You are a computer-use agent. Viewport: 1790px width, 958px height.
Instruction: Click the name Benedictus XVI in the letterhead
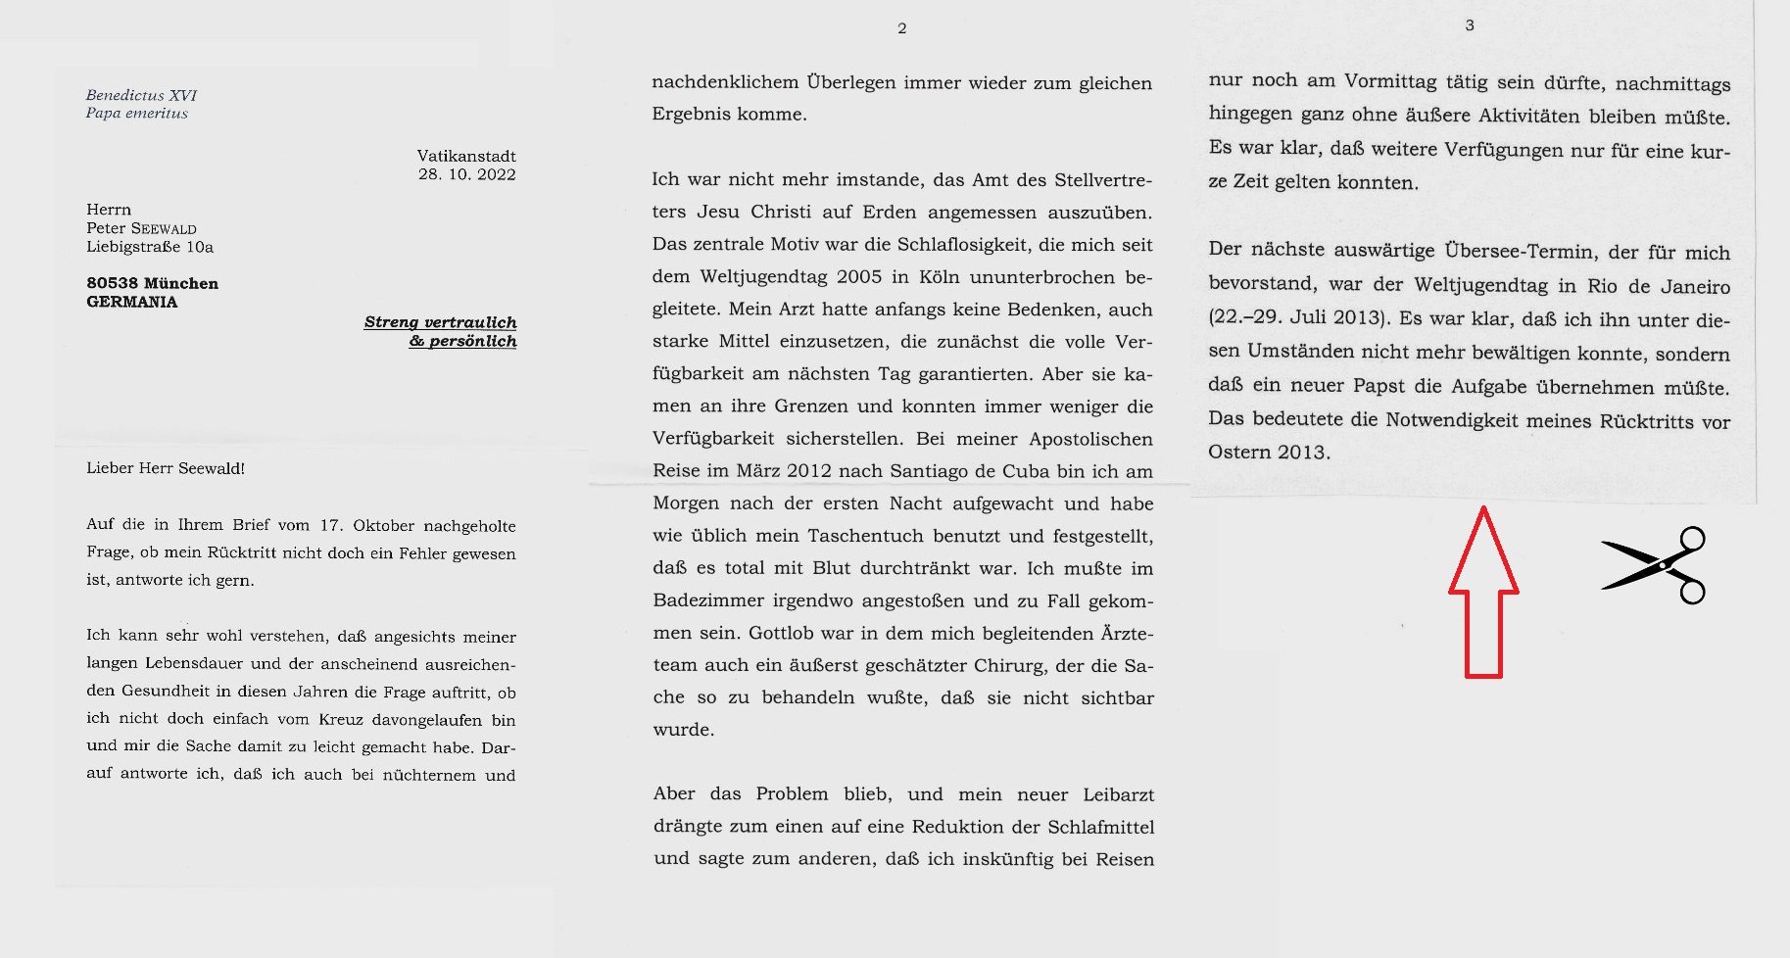tap(141, 95)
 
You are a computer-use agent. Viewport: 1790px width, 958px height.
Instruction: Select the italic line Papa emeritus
tap(136, 114)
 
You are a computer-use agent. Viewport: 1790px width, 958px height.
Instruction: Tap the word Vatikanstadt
tap(466, 156)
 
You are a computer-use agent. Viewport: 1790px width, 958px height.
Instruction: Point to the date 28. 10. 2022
tap(466, 174)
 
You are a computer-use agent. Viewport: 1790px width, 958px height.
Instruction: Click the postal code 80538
tap(112, 283)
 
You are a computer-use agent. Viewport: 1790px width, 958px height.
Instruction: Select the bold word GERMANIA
tap(132, 302)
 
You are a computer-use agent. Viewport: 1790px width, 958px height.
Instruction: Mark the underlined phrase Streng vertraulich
tap(440, 322)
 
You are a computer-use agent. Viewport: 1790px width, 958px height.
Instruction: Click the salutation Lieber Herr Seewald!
tap(166, 468)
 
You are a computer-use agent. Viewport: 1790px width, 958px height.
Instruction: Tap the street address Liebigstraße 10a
tap(150, 247)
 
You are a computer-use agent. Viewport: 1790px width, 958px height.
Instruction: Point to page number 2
tap(902, 28)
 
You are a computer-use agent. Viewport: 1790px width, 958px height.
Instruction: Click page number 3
tap(1470, 25)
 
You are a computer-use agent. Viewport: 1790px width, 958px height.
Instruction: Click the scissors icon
tap(1655, 565)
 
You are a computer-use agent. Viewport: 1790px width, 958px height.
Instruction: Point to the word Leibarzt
tap(1118, 794)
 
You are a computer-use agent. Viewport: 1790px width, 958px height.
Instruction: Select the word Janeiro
tap(1695, 287)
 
